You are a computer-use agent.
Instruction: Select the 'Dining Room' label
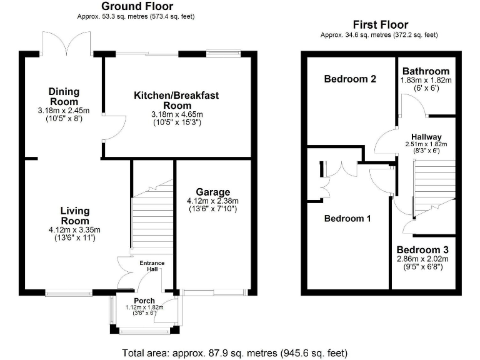coord(64,97)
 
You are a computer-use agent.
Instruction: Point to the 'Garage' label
coord(212,192)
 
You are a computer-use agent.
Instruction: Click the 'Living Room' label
coord(75,216)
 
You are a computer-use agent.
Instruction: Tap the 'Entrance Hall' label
coord(152,266)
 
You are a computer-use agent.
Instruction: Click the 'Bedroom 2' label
coord(349,79)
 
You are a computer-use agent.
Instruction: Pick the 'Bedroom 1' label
coord(347,219)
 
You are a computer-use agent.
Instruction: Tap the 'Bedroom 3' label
coord(422,250)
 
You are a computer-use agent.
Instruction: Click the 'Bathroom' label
coord(425,71)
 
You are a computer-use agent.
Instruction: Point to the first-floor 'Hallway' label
coord(426,137)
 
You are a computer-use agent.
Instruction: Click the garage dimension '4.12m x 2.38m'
coord(212,201)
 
